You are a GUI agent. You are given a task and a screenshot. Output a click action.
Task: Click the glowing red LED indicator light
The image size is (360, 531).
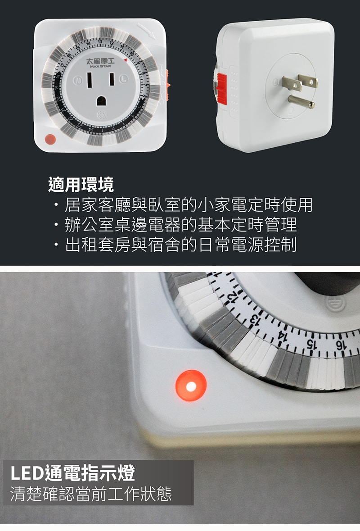(191, 386)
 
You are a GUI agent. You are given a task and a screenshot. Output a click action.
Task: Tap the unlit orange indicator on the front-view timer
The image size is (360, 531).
(50, 139)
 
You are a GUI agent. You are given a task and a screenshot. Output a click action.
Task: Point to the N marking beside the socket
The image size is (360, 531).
(77, 80)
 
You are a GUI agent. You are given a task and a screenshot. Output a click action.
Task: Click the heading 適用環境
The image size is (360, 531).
(81, 185)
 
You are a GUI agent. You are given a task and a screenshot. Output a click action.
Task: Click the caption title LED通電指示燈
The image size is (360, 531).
(73, 473)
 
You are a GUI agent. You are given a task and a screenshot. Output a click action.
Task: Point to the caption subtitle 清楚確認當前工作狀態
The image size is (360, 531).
(91, 494)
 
